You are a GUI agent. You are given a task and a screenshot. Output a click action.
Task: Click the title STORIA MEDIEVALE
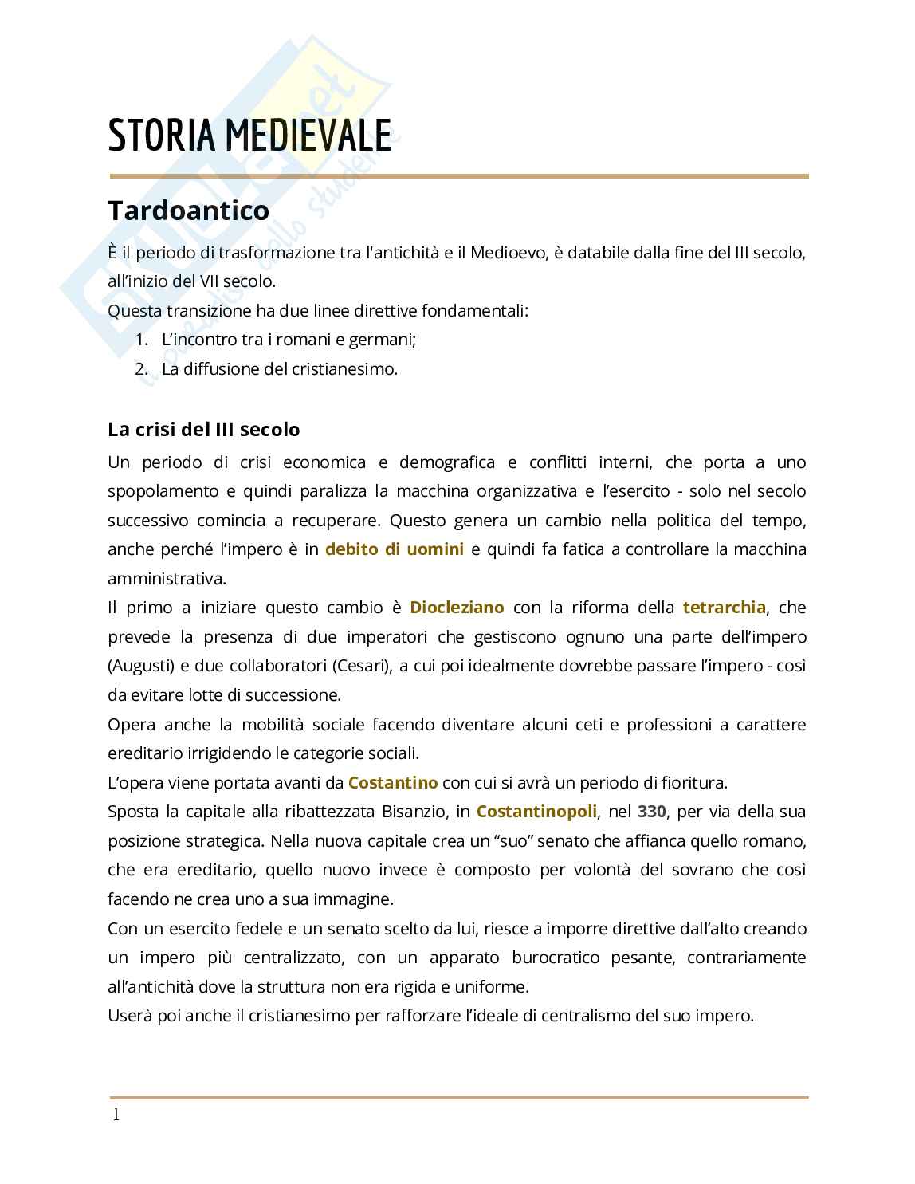point(249,136)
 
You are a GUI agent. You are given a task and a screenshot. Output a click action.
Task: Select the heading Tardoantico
point(188,210)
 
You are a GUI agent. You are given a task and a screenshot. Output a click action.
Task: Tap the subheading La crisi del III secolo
point(203,429)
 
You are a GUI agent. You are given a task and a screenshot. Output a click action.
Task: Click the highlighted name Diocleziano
point(457,608)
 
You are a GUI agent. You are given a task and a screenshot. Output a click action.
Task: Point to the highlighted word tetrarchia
point(724,608)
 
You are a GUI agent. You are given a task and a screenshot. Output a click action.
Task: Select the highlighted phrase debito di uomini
point(394,549)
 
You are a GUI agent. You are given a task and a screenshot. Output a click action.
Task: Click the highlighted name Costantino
point(393,782)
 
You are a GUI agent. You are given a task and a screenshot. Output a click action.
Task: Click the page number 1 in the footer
point(116,1115)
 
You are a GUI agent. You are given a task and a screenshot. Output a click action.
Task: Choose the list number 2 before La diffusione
point(141,369)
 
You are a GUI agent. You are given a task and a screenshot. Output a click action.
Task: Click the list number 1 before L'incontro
point(141,340)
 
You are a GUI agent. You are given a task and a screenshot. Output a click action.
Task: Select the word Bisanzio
point(414,812)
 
